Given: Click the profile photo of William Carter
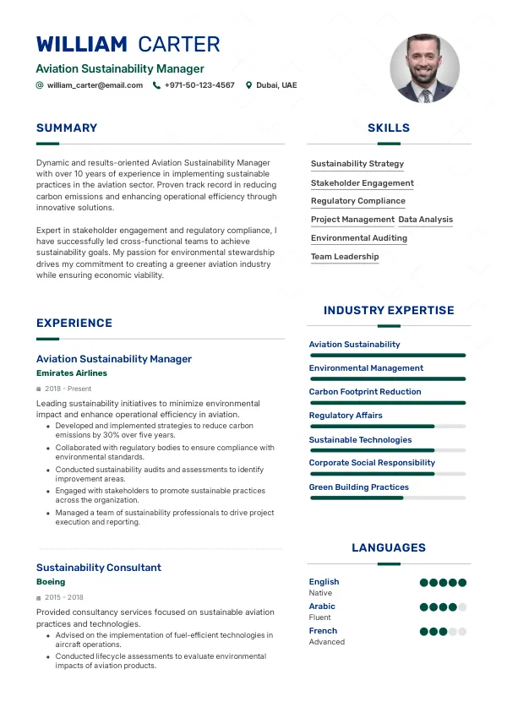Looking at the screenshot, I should (x=424, y=68).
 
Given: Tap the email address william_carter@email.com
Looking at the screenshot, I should (x=95, y=85).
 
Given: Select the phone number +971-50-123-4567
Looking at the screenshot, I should (x=199, y=85).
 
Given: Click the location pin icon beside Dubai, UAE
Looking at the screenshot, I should (x=248, y=85).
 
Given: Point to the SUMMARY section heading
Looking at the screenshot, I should (x=67, y=128).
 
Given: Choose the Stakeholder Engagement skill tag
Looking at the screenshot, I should (x=362, y=182).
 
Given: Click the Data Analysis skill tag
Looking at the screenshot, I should (x=425, y=220).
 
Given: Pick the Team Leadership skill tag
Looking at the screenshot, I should (x=345, y=257).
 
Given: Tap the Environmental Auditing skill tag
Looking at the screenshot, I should (x=358, y=238).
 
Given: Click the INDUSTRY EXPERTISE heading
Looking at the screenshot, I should (x=389, y=311).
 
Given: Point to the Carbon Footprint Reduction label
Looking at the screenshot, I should (x=364, y=392).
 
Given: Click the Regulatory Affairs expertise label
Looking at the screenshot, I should (x=346, y=416).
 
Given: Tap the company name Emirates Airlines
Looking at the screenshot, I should (x=72, y=373).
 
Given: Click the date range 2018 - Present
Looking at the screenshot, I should (x=68, y=389).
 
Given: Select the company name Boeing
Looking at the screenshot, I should (x=51, y=582).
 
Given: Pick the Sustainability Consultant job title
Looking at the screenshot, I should (x=99, y=568).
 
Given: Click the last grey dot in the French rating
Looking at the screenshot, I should (x=462, y=631).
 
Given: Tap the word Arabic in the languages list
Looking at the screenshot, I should (x=322, y=606).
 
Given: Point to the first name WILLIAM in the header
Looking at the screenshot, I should (x=82, y=44).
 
